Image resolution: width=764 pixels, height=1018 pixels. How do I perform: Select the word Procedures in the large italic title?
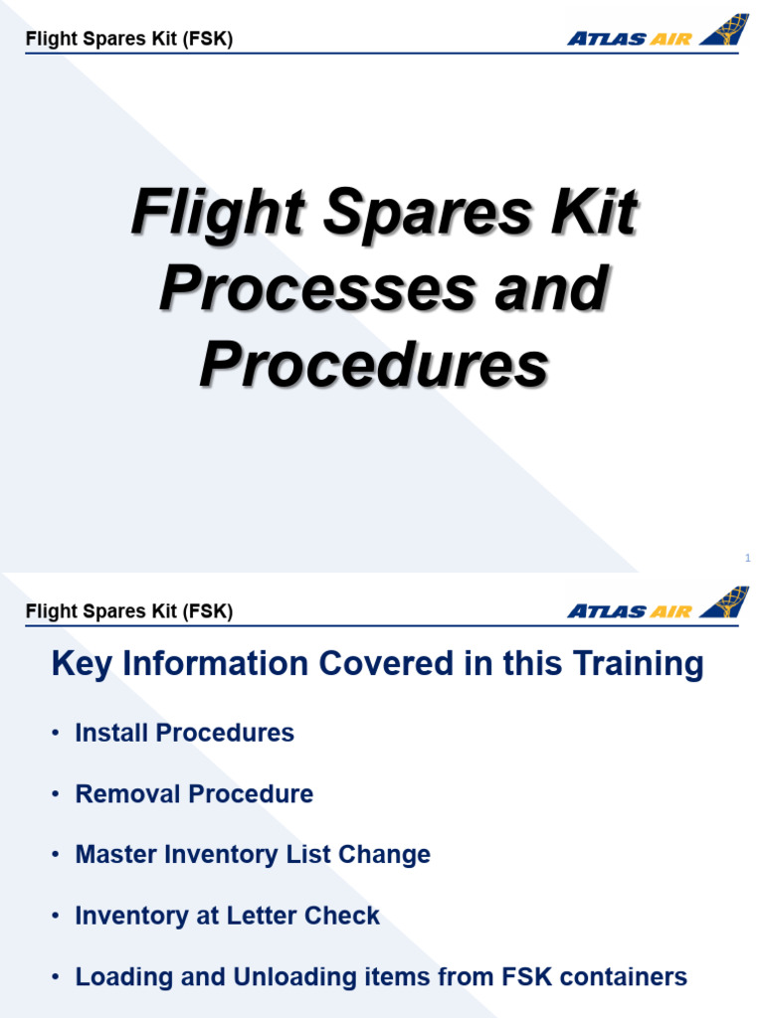click(374, 366)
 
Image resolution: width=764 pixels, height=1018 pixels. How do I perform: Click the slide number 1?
click(747, 559)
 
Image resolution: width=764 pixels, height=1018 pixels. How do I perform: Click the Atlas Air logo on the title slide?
click(657, 33)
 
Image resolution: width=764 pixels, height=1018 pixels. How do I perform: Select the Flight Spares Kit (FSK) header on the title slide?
click(129, 40)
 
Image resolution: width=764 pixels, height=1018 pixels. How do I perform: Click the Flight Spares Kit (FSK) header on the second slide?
click(129, 611)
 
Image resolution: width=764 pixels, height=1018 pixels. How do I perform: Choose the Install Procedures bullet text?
click(185, 733)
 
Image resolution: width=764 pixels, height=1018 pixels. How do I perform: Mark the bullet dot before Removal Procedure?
click(56, 794)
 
